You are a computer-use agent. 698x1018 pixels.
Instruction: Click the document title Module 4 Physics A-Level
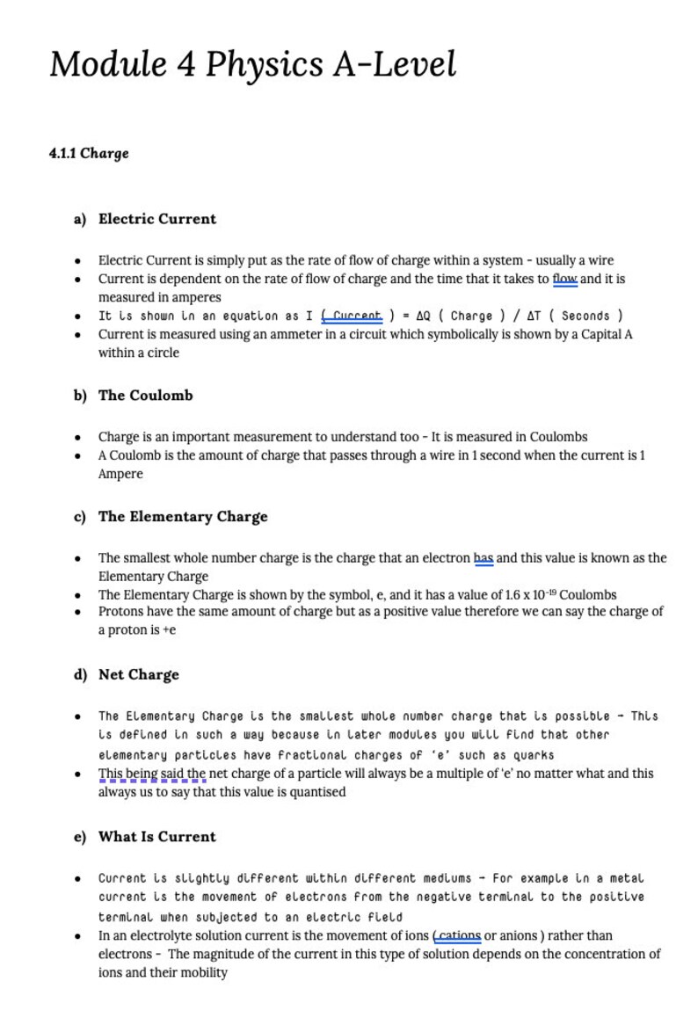coord(253,65)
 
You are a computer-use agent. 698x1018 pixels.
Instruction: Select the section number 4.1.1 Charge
coord(89,154)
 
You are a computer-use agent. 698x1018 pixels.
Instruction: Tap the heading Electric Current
coord(157,219)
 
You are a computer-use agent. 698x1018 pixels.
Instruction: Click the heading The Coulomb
coord(145,396)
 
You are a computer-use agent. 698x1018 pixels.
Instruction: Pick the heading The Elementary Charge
coord(183,517)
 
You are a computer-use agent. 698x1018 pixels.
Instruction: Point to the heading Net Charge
coord(138,675)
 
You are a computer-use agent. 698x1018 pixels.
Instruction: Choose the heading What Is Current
coord(156,837)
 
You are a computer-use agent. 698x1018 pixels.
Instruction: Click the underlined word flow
coord(564,280)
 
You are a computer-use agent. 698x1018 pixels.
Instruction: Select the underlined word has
coord(484,558)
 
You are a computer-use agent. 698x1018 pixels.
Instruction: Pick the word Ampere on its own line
coord(120,474)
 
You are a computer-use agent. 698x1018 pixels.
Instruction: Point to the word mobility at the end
coord(204,972)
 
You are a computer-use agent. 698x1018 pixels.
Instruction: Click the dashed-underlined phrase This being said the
coord(152,774)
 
